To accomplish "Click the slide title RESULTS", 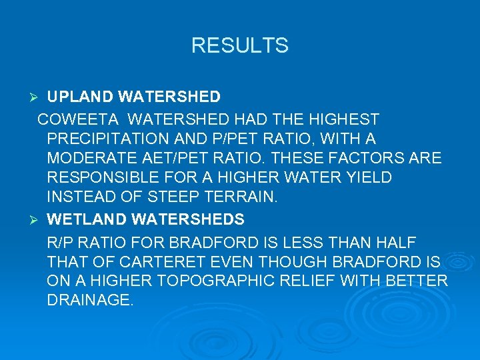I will click(x=239, y=45).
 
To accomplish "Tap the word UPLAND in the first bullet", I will click(x=80, y=97).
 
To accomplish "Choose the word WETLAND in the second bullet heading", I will click(x=83, y=219).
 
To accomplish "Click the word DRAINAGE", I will click(x=90, y=300).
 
